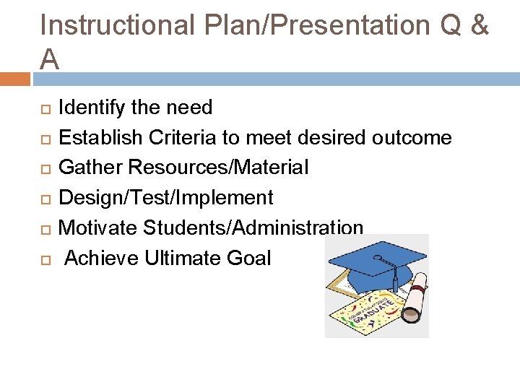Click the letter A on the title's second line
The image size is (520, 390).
[50, 60]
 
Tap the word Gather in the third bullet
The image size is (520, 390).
[91, 168]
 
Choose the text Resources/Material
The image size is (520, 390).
[219, 168]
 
